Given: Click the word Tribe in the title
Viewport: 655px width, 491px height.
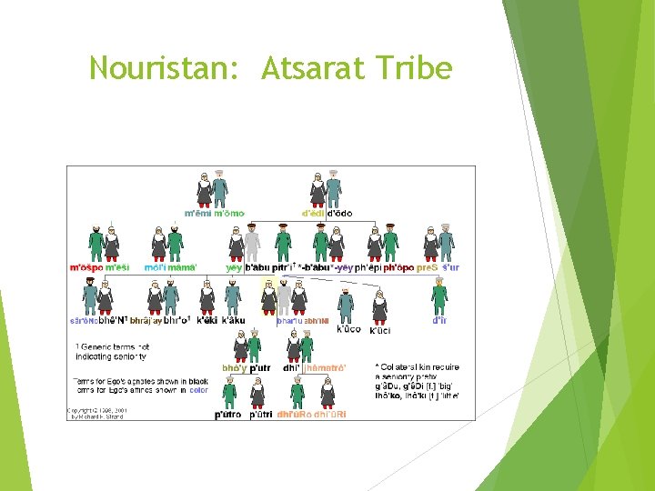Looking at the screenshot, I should click(x=414, y=67).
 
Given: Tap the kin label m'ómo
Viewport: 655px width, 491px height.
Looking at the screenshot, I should click(x=227, y=214).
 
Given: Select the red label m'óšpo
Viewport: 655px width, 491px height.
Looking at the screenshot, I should click(x=86, y=267).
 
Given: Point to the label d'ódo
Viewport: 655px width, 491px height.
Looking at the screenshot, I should click(x=339, y=214).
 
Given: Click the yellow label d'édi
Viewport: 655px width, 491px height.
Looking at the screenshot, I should click(x=313, y=214).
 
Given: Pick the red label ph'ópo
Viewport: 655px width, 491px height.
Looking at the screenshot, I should click(x=398, y=267).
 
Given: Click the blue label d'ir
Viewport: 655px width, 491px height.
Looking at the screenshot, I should click(x=439, y=320).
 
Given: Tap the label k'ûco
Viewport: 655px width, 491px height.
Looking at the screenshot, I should click(x=348, y=329).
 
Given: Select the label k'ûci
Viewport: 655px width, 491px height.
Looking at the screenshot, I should click(x=380, y=330).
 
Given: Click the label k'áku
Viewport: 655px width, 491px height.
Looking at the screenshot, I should click(x=234, y=320).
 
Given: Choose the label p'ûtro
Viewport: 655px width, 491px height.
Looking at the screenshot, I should click(x=227, y=414).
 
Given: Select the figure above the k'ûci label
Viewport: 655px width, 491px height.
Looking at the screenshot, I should click(x=379, y=307).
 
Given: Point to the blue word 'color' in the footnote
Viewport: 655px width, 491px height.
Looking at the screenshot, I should click(x=199, y=389).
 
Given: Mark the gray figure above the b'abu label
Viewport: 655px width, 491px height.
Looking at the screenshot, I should click(x=252, y=243).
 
